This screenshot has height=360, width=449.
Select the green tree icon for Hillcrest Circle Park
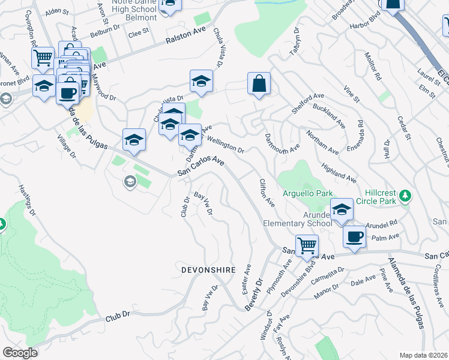[x=405, y=195]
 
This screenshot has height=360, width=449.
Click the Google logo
[x=20, y=353]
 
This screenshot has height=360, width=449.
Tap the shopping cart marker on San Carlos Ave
[x=307, y=245]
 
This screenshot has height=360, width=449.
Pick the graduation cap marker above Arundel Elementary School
[x=342, y=209]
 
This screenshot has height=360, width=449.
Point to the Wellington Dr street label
[x=226, y=145]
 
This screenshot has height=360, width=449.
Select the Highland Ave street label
[x=339, y=172]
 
